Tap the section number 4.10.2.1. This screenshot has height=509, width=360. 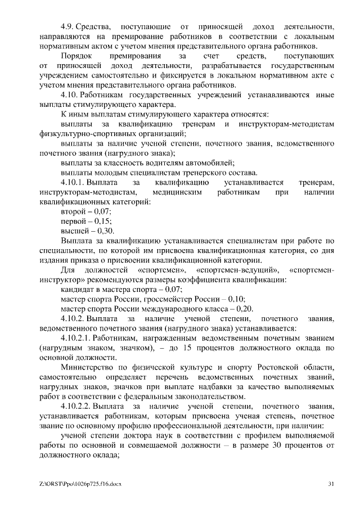(x=76, y=338)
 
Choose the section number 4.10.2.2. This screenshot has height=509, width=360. (x=76, y=406)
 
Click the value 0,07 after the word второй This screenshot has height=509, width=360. (x=102, y=211)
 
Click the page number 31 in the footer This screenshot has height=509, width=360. (x=331, y=484)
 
